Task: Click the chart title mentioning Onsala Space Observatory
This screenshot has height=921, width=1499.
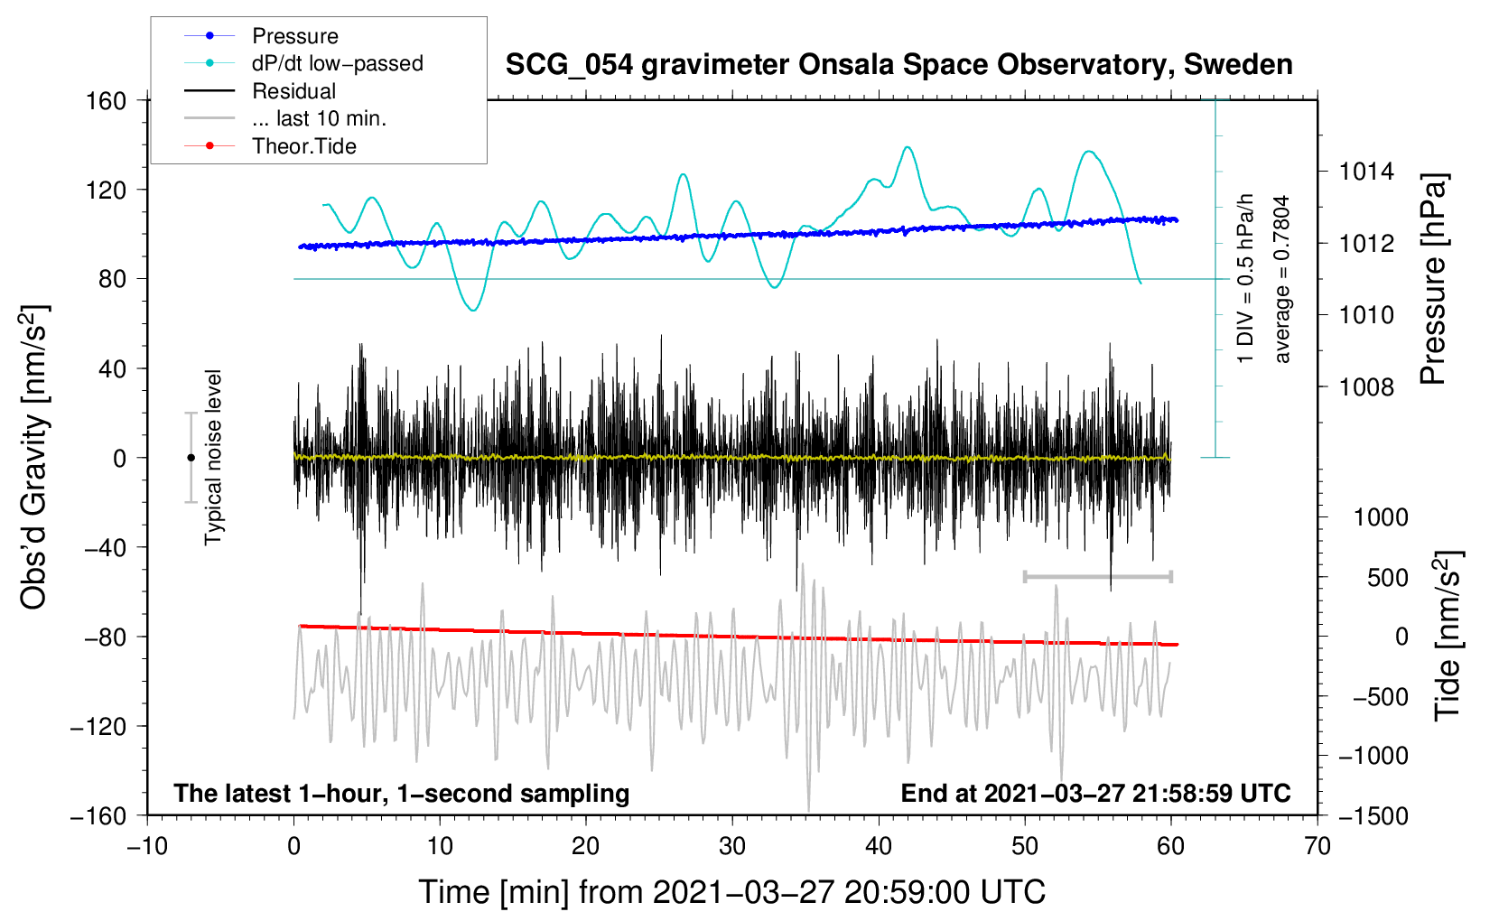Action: pyautogui.click(x=898, y=65)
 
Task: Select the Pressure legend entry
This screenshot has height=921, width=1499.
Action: pyautogui.click(x=294, y=36)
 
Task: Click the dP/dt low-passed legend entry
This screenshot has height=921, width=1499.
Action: pyautogui.click(x=337, y=63)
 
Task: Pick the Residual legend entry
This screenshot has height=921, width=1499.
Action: pyautogui.click(x=293, y=91)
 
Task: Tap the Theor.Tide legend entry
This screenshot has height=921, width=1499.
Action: pyautogui.click(x=303, y=146)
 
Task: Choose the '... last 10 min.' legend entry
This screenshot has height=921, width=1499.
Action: pyautogui.click(x=319, y=118)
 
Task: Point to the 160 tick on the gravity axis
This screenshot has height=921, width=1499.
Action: pyautogui.click(x=107, y=101)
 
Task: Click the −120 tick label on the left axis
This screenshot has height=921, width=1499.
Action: pyautogui.click(x=98, y=727)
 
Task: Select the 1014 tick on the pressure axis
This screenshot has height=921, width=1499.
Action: pyautogui.click(x=1366, y=172)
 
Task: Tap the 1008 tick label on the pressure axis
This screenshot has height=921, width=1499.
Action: pyautogui.click(x=1366, y=387)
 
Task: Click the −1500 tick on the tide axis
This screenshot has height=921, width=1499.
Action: pyautogui.click(x=1373, y=816)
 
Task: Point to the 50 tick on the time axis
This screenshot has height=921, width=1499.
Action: pyautogui.click(x=1024, y=846)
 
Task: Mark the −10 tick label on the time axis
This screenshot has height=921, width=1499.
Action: pyautogui.click(x=147, y=846)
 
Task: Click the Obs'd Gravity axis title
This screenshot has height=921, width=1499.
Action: pyautogui.click(x=34, y=457)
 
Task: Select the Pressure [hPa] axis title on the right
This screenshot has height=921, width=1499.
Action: pyautogui.click(x=1433, y=279)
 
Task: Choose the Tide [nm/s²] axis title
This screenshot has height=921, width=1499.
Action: pyautogui.click(x=1448, y=635)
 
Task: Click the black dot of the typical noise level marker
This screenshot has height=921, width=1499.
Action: pyautogui.click(x=191, y=458)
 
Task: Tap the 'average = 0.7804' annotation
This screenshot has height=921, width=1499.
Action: pyautogui.click(x=1282, y=279)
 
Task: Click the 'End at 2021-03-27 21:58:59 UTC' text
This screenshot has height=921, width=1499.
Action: pyautogui.click(x=1095, y=794)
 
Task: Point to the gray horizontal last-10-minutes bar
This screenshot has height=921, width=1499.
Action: pyautogui.click(x=1097, y=576)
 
